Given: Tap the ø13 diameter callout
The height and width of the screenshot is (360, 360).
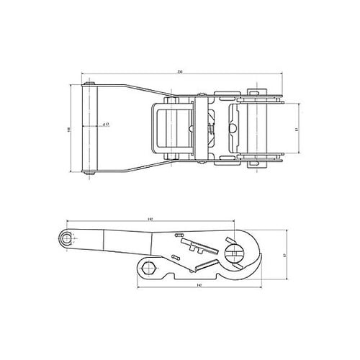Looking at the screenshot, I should [105, 125].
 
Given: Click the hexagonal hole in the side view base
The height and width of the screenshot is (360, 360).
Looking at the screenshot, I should [149, 269].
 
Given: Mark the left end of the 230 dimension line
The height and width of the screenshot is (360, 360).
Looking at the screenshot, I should [81, 74].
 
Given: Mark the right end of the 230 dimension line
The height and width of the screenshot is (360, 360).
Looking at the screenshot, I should [279, 74].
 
